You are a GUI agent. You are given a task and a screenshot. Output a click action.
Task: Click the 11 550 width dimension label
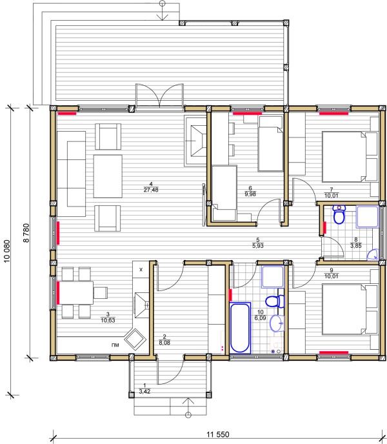(x=218, y=434)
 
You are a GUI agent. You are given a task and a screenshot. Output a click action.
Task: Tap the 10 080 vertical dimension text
(x=7, y=251)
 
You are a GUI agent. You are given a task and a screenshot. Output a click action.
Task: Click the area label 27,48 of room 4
(x=151, y=190)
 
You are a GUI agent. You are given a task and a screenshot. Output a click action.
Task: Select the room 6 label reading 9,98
(x=250, y=194)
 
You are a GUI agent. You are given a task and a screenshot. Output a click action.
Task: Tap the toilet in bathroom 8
(x=339, y=214)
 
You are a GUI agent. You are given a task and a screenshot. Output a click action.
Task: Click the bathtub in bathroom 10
(x=240, y=328)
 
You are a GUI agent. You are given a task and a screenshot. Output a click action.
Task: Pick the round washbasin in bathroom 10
(x=277, y=323)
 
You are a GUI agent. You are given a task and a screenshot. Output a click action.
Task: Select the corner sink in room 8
(x=373, y=255)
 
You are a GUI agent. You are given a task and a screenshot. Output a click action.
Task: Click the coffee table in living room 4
(x=108, y=176)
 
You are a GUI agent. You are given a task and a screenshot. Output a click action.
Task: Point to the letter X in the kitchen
(x=141, y=270)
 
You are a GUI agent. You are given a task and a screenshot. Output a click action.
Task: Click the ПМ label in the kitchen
(x=115, y=345)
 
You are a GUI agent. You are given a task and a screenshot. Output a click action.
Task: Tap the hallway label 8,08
(x=164, y=343)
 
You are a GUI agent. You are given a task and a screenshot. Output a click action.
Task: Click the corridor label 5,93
(x=257, y=246)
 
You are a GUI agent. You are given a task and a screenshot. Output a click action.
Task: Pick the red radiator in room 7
(x=333, y=114)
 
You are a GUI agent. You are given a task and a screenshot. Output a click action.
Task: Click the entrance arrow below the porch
(x=188, y=408)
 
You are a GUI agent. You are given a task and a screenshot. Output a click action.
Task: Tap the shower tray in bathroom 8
(x=368, y=217)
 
